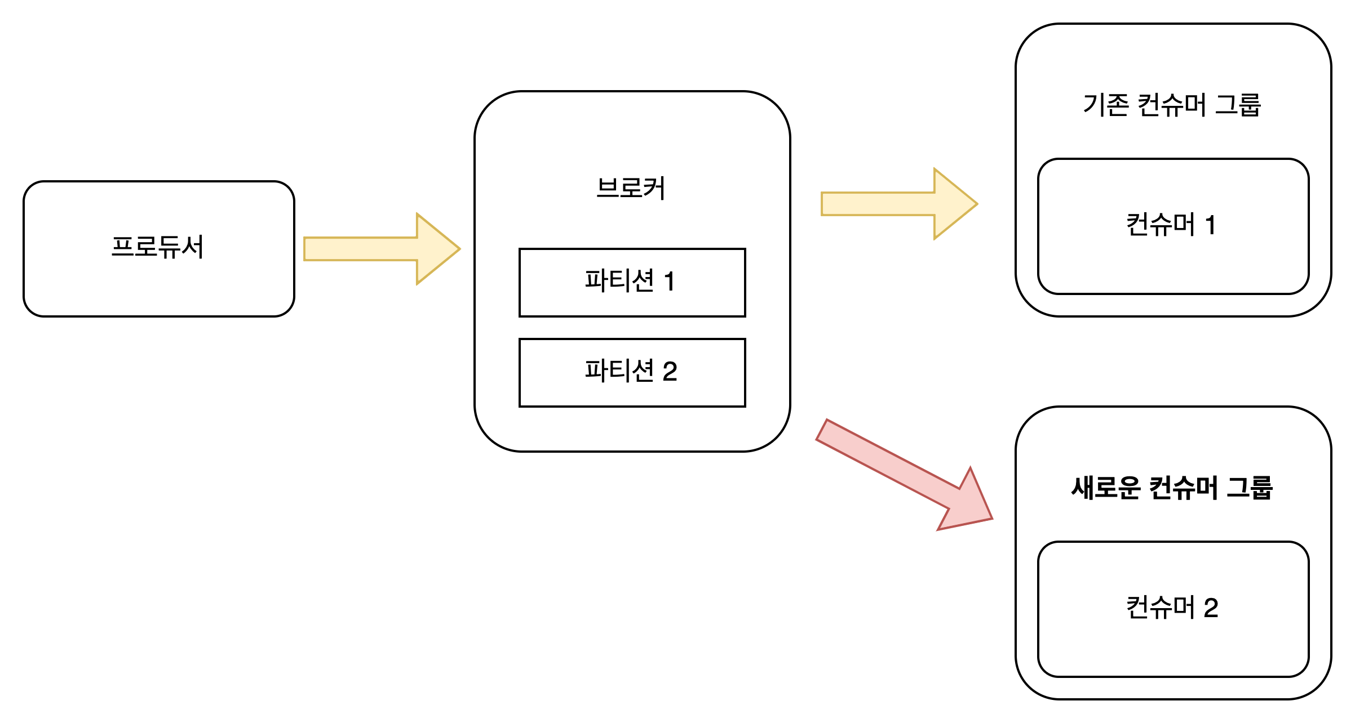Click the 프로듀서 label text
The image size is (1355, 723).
click(x=157, y=247)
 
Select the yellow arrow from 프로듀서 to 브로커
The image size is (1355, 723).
click(x=372, y=249)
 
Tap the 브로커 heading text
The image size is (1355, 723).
click(x=631, y=188)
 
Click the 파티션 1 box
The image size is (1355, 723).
click(x=632, y=282)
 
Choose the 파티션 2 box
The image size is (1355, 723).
click(x=632, y=372)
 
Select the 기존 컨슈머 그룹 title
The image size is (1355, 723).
click(x=1172, y=105)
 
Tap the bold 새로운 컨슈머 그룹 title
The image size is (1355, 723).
click(x=1172, y=488)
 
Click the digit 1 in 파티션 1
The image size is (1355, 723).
click(x=670, y=282)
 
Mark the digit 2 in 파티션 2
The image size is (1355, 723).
click(x=670, y=372)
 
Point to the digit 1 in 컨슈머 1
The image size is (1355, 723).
click(x=1210, y=225)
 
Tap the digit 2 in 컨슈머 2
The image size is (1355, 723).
click(x=1211, y=608)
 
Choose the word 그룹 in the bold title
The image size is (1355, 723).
click(x=1250, y=488)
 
